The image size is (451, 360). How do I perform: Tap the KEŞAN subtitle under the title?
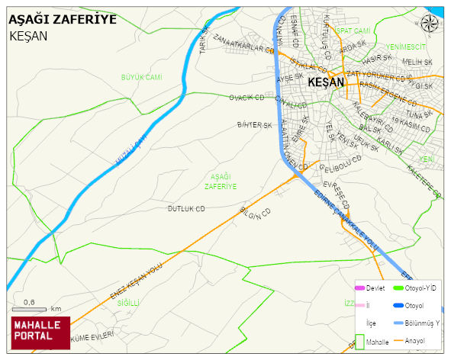[x=29, y=36]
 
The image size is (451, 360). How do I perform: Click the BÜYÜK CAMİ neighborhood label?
[x=142, y=77]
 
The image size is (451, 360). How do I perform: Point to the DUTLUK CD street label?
[x=187, y=208]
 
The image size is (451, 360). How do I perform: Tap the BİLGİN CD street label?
[x=256, y=217]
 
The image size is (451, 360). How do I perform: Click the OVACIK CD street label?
[x=246, y=98]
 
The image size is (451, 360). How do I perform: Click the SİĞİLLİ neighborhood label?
[x=129, y=303]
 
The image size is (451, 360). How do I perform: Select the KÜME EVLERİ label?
[x=92, y=336]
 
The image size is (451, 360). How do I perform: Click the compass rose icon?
[x=433, y=22]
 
